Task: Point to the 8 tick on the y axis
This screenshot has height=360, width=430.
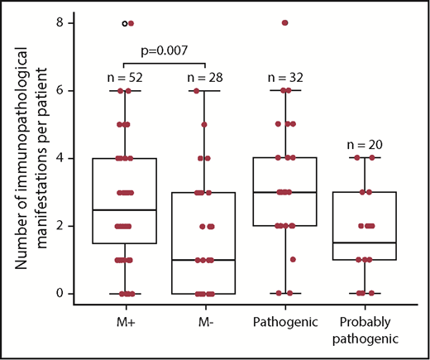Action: pos(58,23)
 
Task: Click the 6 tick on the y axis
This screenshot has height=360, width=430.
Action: pos(58,91)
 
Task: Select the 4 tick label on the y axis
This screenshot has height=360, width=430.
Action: pos(58,158)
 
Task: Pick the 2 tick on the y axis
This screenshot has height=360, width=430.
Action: pos(58,226)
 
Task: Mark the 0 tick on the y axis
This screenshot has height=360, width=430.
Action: pos(58,294)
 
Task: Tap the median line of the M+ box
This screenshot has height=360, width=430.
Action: pos(124,209)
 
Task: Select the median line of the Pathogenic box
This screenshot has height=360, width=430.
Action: pos(284,192)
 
